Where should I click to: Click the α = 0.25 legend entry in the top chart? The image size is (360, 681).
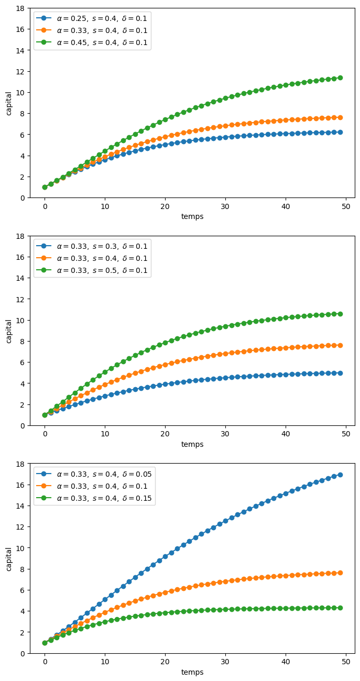click(x=92, y=18)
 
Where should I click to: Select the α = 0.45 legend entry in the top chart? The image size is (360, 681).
click(x=92, y=42)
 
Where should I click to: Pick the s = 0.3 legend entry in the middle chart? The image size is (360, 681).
click(x=92, y=246)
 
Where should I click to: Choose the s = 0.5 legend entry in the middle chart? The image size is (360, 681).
click(x=92, y=270)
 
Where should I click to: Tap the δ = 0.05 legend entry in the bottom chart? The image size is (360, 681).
click(x=94, y=474)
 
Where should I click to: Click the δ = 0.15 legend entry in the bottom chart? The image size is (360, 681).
click(x=94, y=498)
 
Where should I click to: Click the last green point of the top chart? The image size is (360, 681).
click(x=340, y=78)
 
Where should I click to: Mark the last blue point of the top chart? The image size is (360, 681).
click(x=340, y=132)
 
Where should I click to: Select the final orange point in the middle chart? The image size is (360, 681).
click(x=340, y=345)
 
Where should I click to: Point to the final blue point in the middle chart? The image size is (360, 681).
click(x=340, y=373)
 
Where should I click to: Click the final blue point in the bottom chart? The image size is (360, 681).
click(x=340, y=475)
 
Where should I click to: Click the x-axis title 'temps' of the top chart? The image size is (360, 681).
click(x=192, y=216)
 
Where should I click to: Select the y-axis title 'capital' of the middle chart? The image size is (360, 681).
click(x=8, y=332)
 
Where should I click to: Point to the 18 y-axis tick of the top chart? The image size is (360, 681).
click(x=20, y=8)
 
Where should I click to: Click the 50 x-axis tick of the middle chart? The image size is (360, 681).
click(x=346, y=434)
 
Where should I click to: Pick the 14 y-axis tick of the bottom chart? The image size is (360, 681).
click(x=20, y=506)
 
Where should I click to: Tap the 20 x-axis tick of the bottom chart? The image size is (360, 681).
click(x=165, y=662)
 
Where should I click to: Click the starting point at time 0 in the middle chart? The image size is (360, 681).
click(x=45, y=415)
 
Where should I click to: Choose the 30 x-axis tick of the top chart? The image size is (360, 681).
click(x=225, y=206)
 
